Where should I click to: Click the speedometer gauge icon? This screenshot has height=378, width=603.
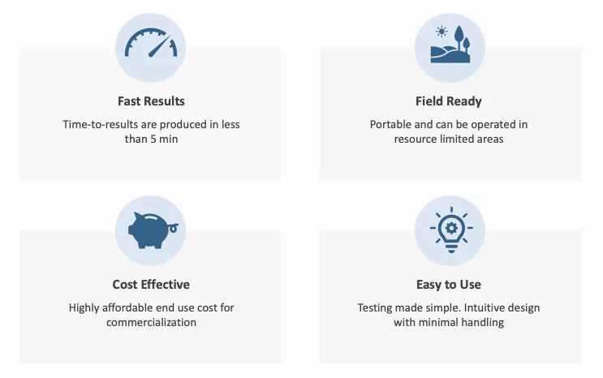tap(151, 43)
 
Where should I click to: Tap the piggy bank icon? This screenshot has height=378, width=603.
tap(153, 230)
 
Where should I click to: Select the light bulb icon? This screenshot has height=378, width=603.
tap(451, 230)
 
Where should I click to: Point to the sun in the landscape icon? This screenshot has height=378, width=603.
tap(441, 32)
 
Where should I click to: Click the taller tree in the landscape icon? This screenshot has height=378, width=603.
tap(459, 37)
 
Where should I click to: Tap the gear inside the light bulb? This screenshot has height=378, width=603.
tap(451, 228)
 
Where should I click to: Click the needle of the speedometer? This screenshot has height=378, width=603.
tap(160, 47)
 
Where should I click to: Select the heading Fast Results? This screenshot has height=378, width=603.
tap(151, 101)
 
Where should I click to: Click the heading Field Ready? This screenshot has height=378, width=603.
tap(449, 101)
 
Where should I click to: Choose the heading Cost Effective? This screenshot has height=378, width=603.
tap(151, 285)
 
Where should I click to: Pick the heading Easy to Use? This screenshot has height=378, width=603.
tap(449, 285)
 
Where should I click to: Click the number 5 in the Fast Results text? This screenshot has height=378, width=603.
tap(153, 139)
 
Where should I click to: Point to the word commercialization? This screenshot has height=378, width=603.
tap(151, 322)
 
